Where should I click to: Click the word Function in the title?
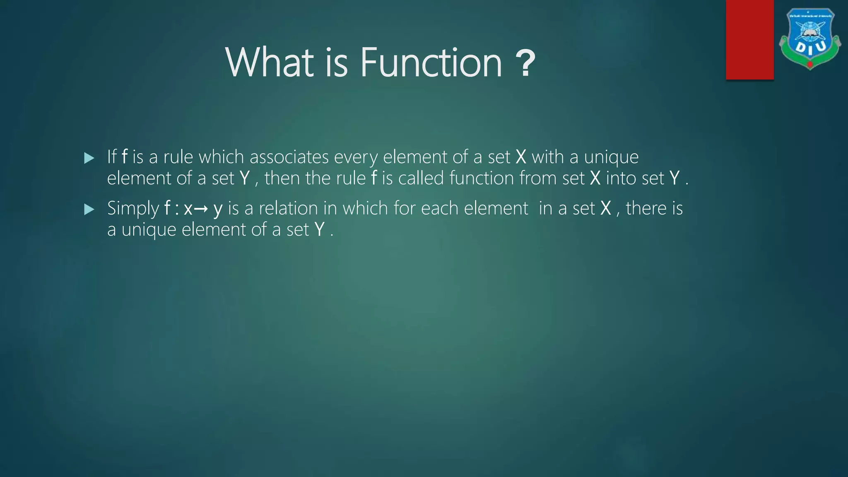431,63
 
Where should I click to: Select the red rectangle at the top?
749,39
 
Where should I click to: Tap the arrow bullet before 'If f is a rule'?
89,158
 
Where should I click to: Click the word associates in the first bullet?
289,157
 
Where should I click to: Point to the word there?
646,208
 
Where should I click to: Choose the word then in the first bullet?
282,178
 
